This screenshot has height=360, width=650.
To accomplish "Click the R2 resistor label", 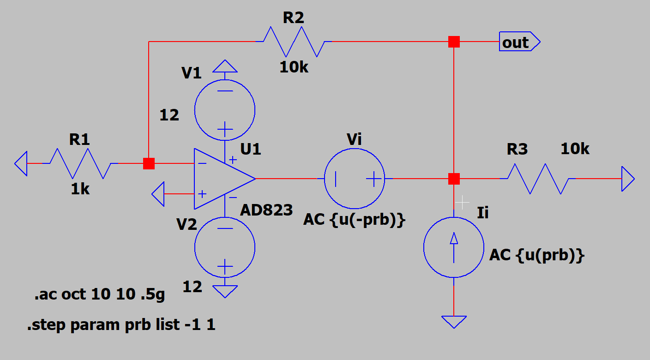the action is click(293, 18).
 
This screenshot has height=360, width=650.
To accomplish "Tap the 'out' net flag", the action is click(519, 42).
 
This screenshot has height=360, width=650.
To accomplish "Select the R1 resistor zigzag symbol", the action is click(80, 163).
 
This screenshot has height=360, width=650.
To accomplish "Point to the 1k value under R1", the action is click(80, 189).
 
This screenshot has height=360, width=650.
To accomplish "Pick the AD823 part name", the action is click(266, 210).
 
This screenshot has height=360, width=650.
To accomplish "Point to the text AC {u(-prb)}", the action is click(354, 220).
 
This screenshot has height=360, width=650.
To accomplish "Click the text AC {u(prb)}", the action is click(537, 255).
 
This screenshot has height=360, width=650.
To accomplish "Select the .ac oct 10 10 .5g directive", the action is click(100, 294).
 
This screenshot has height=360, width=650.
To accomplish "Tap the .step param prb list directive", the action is click(121, 324).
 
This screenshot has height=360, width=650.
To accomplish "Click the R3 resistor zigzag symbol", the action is click(538, 179).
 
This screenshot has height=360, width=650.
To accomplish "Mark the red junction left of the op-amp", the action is click(149, 163).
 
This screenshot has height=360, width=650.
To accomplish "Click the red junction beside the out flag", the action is click(454, 42).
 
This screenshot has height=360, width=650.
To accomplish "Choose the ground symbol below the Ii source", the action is click(454, 322).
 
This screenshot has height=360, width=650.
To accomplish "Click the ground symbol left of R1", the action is click(21, 163).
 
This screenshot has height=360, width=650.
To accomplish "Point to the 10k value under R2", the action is click(294, 67).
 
